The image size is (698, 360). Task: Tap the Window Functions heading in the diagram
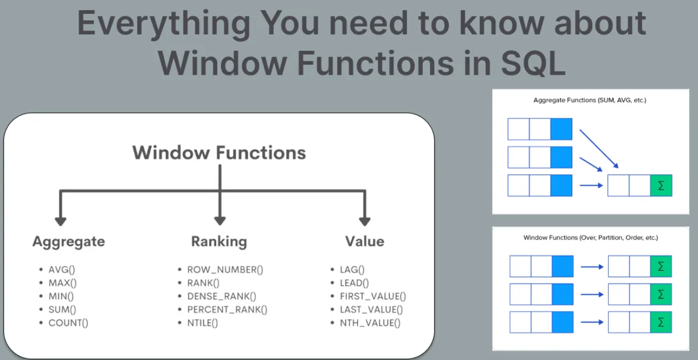coord(219,152)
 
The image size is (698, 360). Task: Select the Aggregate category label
coord(68,241)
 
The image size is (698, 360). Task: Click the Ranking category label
coord(219,241)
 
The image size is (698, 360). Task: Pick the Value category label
coord(364,241)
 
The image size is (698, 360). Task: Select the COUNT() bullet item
coord(68,323)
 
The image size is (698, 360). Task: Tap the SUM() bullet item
coord(63,310)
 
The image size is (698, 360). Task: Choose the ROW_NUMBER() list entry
coord(225,270)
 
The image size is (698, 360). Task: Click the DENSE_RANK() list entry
coord(222,296)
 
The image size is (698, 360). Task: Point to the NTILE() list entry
coord(203,323)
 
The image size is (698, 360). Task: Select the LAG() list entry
coord(352,270)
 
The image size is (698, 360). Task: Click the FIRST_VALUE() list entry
coord(373,296)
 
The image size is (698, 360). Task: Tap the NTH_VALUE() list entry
coord(370,323)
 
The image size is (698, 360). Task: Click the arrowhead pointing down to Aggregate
coord(60,221)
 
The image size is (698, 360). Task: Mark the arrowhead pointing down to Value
coord(364,221)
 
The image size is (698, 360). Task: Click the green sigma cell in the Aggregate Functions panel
coord(661,186)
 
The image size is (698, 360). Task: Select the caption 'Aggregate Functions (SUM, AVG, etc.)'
coord(590,101)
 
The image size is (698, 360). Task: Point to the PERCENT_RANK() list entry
coord(227,310)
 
